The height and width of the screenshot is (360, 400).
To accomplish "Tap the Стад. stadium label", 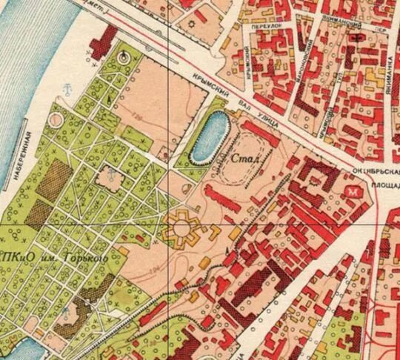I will point(244,159).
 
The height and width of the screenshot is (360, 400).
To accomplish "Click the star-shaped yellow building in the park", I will point(182,227).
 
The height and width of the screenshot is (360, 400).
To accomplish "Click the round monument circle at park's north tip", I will point(123,56).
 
